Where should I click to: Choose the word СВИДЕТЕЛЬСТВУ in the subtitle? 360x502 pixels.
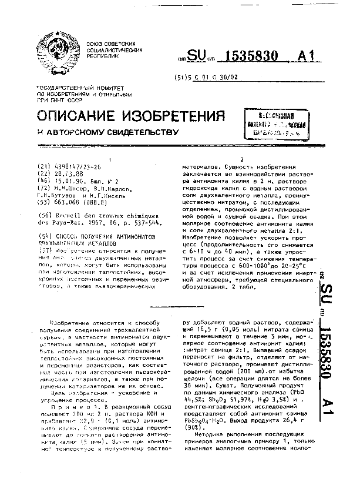(x=133, y=132)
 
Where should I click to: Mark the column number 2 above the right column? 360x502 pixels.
(x=241, y=159)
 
